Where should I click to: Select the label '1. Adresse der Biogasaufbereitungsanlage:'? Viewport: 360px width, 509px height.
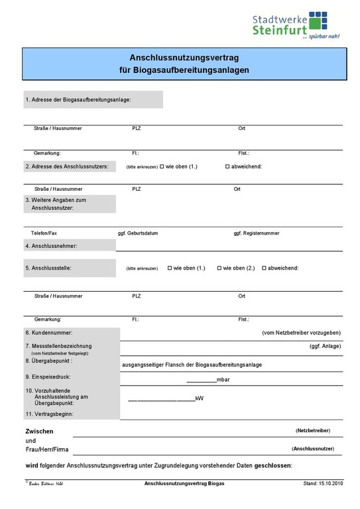(78, 99)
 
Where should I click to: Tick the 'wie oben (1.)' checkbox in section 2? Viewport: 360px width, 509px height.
(162, 166)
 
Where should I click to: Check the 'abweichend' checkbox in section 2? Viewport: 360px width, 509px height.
(227, 166)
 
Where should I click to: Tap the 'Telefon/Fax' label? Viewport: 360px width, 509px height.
(44, 233)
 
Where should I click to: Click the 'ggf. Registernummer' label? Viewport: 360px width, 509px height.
(257, 233)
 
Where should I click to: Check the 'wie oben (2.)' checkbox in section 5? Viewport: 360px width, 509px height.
(219, 268)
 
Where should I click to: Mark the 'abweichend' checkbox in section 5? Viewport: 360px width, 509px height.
(264, 268)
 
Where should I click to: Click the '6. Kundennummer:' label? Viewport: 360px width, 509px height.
(49, 332)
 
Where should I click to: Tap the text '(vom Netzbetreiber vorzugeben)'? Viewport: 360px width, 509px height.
(302, 332)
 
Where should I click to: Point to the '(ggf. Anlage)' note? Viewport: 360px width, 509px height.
(326, 346)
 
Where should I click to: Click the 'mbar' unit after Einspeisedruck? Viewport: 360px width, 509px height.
(223, 380)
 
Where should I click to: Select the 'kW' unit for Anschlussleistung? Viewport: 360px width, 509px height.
(200, 398)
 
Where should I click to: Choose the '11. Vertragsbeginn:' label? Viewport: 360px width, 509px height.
(49, 414)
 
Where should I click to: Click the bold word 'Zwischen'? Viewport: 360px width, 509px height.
(39, 431)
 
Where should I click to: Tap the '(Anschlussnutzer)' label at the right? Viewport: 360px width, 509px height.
(312, 449)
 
